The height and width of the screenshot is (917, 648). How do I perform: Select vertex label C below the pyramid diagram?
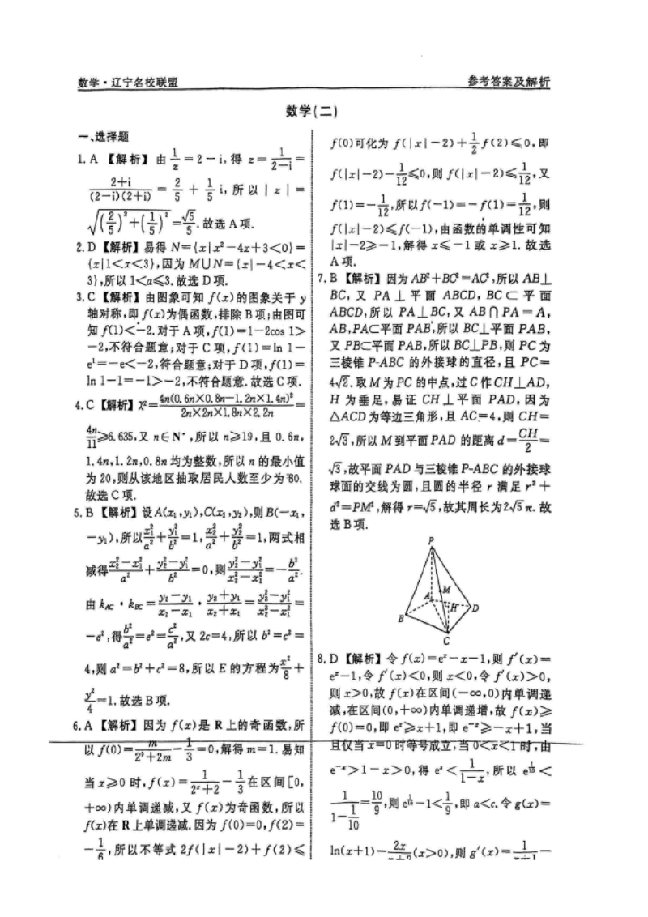pos(446,641)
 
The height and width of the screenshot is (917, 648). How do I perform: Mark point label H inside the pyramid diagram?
pos(454,606)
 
